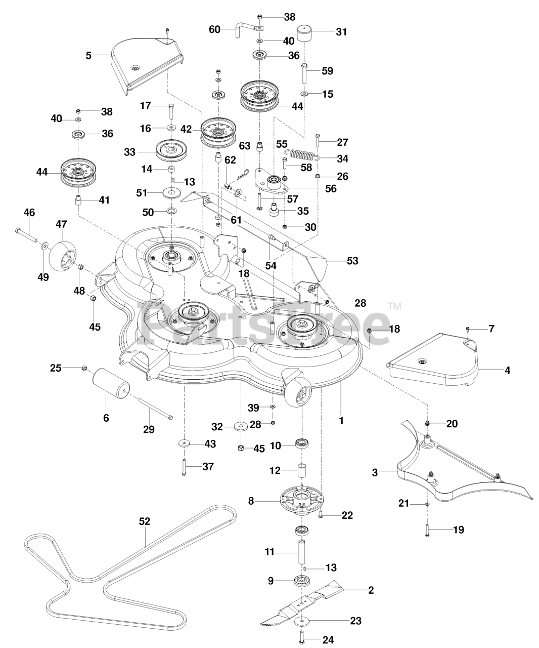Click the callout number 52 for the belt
(x=145, y=521)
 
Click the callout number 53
(x=352, y=261)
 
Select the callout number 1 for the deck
(x=341, y=420)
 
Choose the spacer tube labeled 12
(x=302, y=470)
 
